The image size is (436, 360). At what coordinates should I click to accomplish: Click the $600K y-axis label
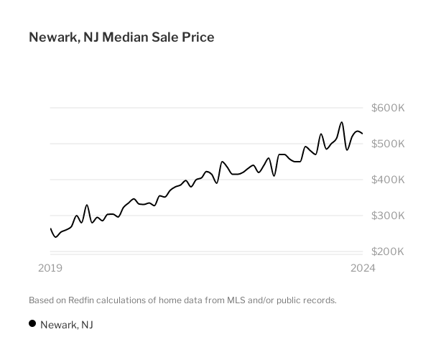coord(388,108)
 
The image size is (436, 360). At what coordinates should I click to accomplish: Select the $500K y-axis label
coord(388,144)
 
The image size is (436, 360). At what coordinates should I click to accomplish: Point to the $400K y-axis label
coord(388,180)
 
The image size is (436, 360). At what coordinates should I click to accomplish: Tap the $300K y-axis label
coord(388,216)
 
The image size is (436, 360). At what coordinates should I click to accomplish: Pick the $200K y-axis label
coord(388,251)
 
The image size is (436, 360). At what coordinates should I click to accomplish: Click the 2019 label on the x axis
coord(50,268)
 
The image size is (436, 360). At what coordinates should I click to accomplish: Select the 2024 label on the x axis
coord(363,268)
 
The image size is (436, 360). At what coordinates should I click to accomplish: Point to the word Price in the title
coord(198,37)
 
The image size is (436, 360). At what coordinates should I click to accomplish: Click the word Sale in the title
coord(165,37)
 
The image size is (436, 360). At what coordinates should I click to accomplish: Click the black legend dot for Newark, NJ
coord(32,324)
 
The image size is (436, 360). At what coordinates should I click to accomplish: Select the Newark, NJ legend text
coord(67,325)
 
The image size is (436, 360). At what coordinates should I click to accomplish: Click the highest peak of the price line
coord(342,122)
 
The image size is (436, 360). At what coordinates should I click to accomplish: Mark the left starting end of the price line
coord(50,229)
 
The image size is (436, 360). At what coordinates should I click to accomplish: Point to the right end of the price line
coord(363,134)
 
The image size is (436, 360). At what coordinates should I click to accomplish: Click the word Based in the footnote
coord(41,300)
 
